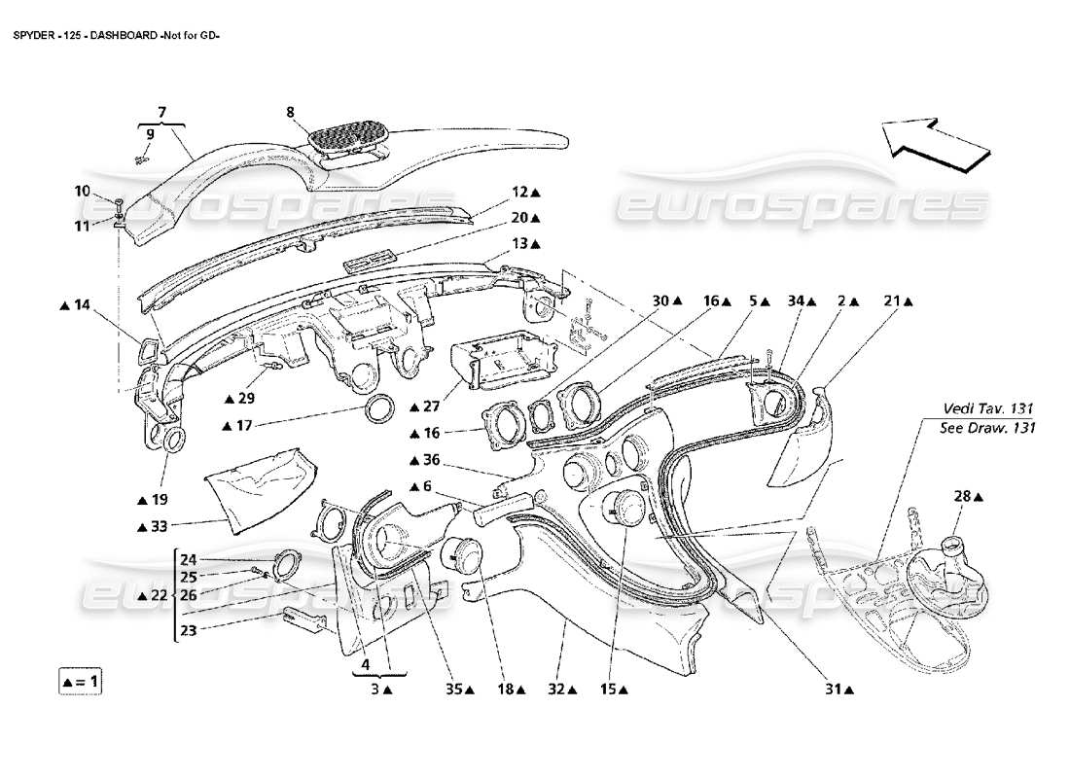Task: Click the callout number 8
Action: click(290, 112)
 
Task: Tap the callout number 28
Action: click(961, 497)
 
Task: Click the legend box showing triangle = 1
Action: click(79, 681)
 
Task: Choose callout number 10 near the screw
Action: click(83, 191)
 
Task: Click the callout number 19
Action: click(158, 499)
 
